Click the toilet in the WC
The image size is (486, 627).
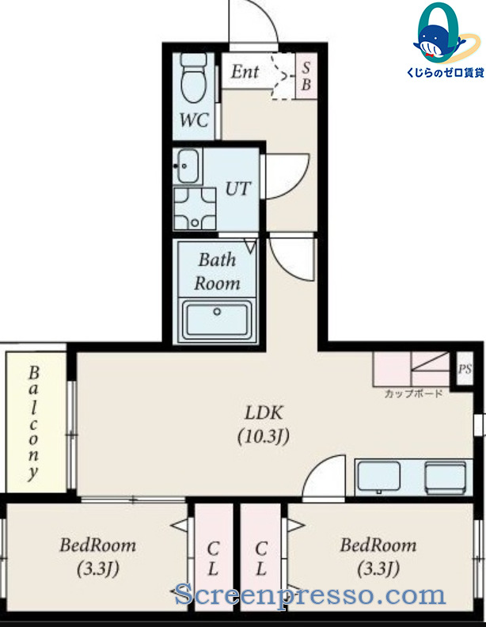pyautogui.click(x=194, y=77)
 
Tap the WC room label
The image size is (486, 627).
pyautogui.click(x=194, y=120)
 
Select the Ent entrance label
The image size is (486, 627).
pyautogui.click(x=245, y=71)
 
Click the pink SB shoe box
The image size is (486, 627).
pyautogui.click(x=306, y=76)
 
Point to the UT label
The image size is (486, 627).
pyautogui.click(x=237, y=188)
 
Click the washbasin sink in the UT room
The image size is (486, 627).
pyautogui.click(x=187, y=166)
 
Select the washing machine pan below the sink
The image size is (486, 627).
pyautogui.click(x=195, y=208)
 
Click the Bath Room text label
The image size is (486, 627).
pyautogui.click(x=217, y=272)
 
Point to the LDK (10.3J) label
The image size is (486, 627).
pyautogui.click(x=264, y=424)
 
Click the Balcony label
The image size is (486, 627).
pyautogui.click(x=33, y=423)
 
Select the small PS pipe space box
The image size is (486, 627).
pyautogui.click(x=465, y=368)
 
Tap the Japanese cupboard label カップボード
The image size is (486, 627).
pyautogui.click(x=413, y=393)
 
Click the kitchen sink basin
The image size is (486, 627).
pyautogui.click(x=378, y=476)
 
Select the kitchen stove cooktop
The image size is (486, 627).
pyautogui.click(x=445, y=478)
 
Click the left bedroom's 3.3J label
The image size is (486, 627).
pyautogui.click(x=98, y=568)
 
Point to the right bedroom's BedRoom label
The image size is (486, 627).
pyautogui.click(x=378, y=545)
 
